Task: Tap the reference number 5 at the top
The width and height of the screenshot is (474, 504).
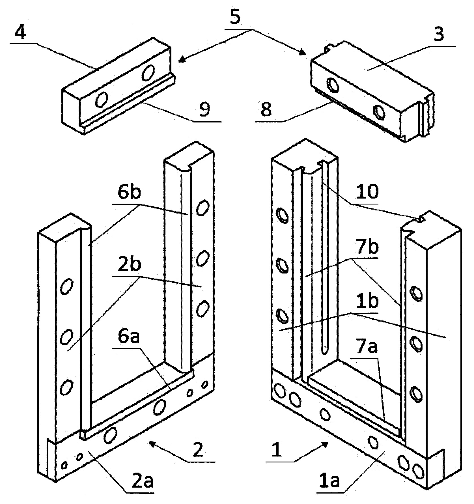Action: [x=236, y=18]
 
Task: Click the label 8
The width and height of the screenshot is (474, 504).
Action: [x=266, y=110]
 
